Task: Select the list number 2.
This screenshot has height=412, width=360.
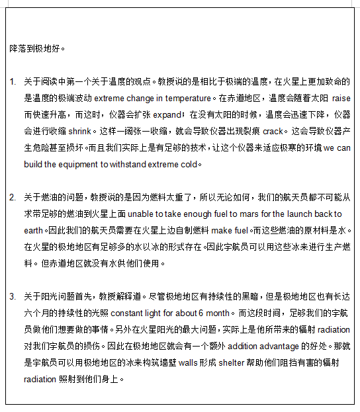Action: [13, 196]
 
